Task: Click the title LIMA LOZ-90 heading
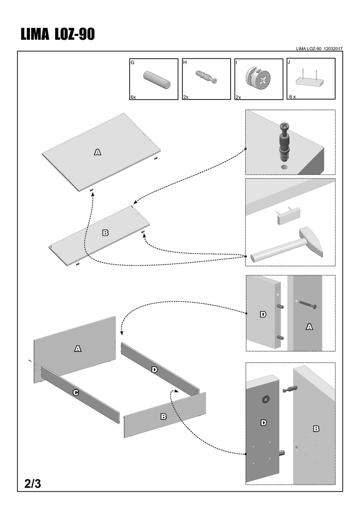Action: pos(58,35)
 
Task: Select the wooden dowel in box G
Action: pos(157,80)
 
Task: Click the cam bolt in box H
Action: pos(206,77)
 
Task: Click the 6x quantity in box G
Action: pos(133,97)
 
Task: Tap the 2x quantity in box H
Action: pos(186,97)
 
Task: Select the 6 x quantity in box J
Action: pos(292,97)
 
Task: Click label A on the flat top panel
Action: pos(97,152)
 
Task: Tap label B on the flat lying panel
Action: pos(105,233)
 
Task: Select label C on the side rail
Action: pos(76,393)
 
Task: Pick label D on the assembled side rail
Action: pos(155,370)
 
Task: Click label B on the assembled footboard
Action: pos(163,416)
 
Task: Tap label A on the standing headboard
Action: pos(78,348)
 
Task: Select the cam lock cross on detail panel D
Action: pos(266,400)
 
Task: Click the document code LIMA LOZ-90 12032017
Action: pos(319,49)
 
